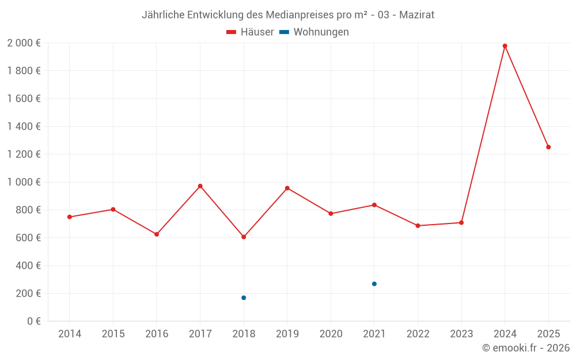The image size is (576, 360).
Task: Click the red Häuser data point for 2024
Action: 505,46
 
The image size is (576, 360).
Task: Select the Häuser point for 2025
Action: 548,147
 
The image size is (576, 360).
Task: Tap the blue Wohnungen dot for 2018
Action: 244,298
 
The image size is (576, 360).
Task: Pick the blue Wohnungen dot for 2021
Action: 374,284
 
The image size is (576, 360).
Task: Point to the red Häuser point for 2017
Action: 200,186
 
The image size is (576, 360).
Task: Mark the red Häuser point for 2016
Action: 157,234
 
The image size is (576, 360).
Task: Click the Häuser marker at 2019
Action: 287,188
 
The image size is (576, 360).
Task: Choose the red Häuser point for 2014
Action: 70,217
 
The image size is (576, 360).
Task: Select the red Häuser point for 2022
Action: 418,226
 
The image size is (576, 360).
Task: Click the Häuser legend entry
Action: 250,32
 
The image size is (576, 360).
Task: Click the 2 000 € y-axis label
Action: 24,43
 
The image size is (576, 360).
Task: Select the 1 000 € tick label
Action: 24,182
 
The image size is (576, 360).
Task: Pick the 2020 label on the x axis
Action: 331,334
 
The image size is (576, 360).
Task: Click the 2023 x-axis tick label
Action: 461,334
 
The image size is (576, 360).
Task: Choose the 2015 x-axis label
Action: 113,334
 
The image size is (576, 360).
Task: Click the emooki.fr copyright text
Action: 525,348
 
